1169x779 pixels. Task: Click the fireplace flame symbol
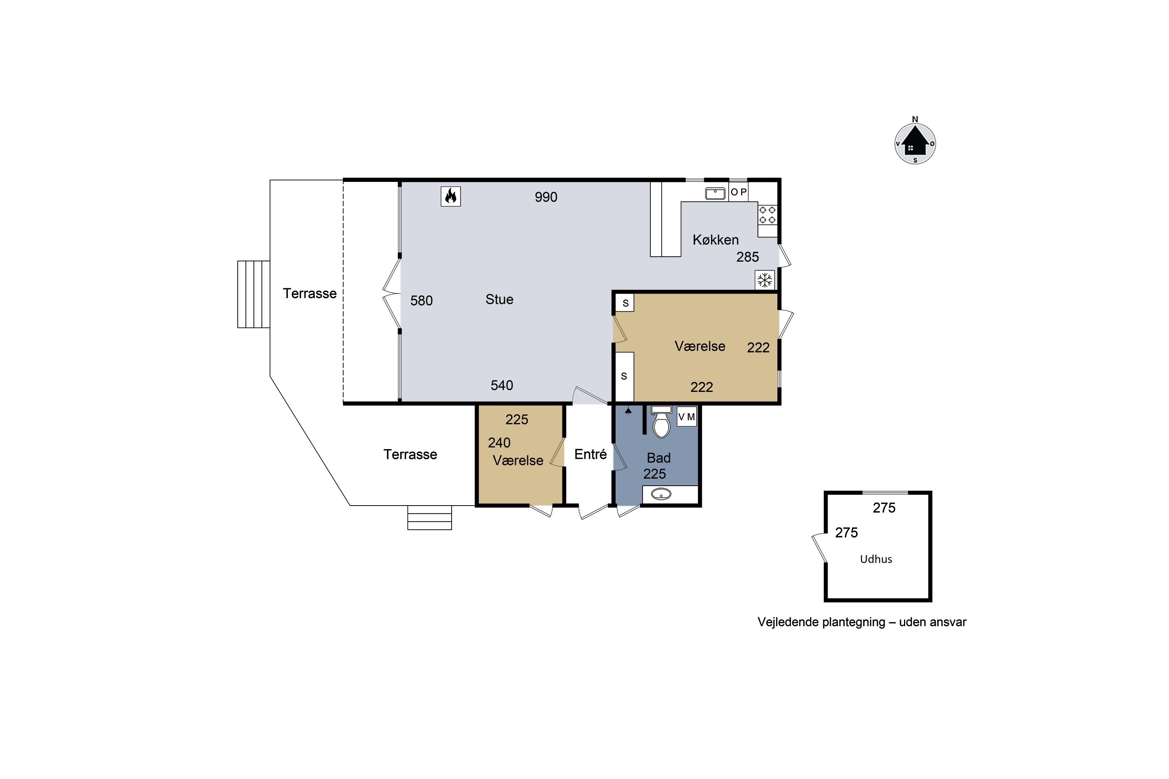pyautogui.click(x=451, y=196)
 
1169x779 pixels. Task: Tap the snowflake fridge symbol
pyautogui.click(x=765, y=280)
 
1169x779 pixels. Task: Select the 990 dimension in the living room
pyautogui.click(x=546, y=197)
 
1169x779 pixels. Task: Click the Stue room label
pyautogui.click(x=500, y=299)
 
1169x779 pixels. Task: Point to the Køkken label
pyautogui.click(x=716, y=240)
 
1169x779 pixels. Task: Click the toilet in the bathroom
pyautogui.click(x=661, y=423)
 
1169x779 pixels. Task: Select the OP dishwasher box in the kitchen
pyautogui.click(x=738, y=192)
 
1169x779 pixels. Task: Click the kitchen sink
pyautogui.click(x=715, y=193)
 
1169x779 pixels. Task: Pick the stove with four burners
pyautogui.click(x=767, y=215)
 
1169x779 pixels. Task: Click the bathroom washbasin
pyautogui.click(x=661, y=494)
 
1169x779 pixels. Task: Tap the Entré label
pyautogui.click(x=590, y=454)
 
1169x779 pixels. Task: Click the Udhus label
pyautogui.click(x=876, y=559)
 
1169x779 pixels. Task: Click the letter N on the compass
pyautogui.click(x=915, y=119)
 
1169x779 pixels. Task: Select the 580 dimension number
pyautogui.click(x=422, y=301)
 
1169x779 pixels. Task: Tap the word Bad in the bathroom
pyautogui.click(x=659, y=458)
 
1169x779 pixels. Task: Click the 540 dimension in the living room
pyautogui.click(x=502, y=385)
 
